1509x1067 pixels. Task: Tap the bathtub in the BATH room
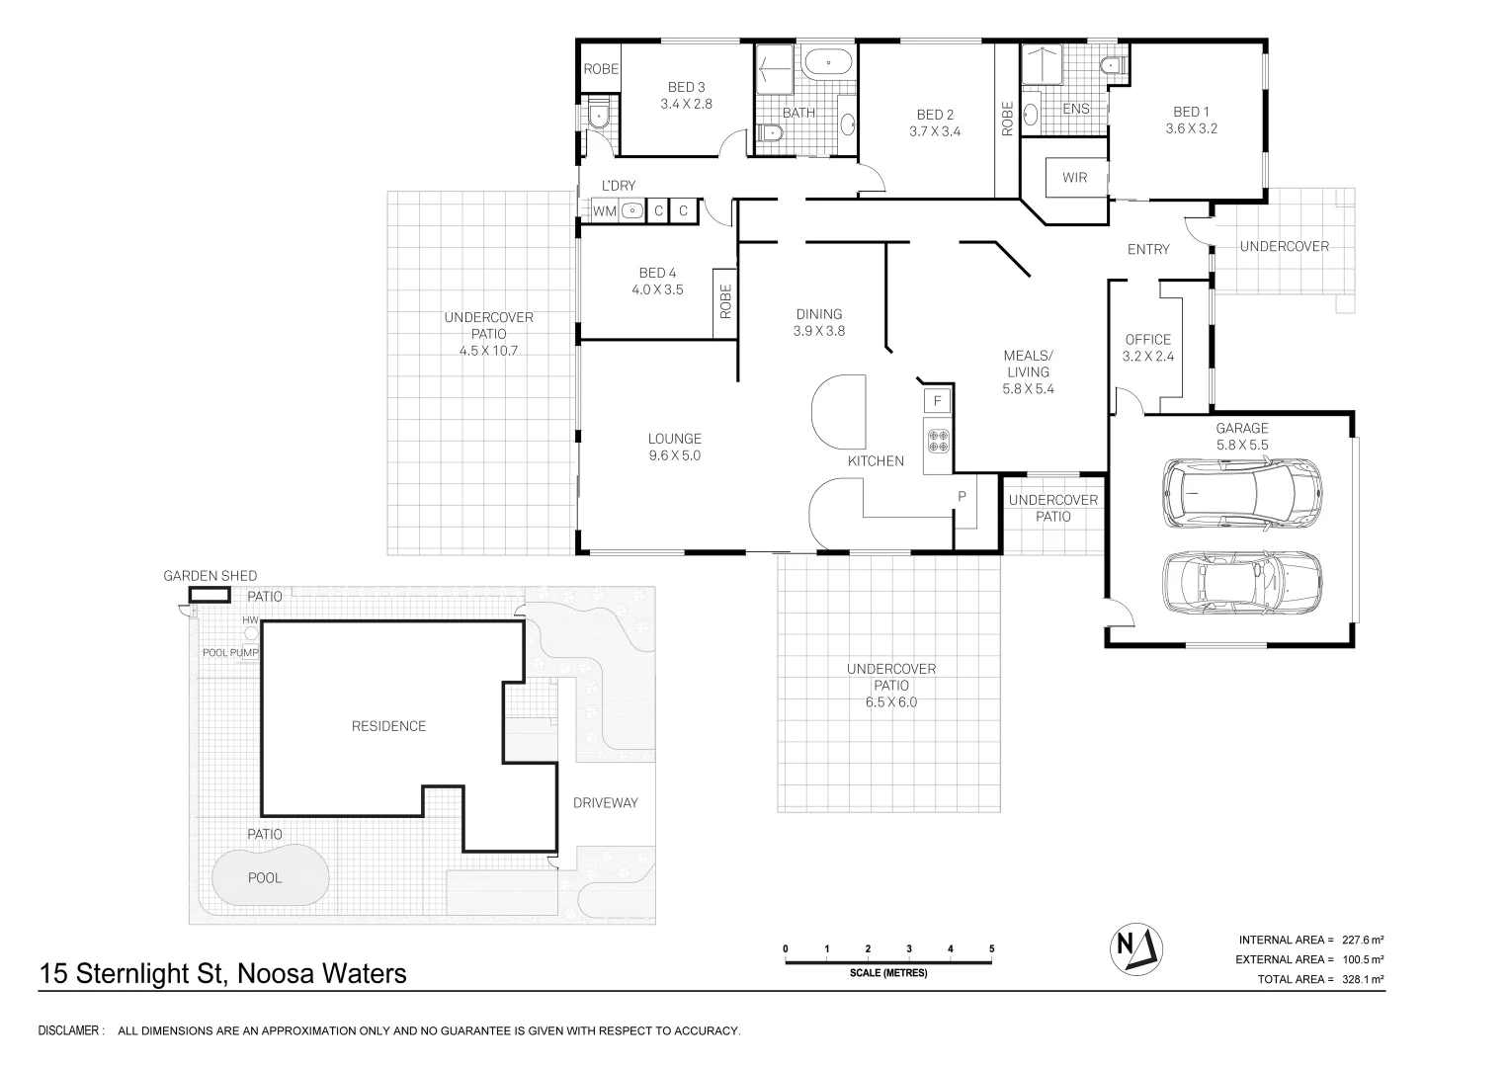coord(828,62)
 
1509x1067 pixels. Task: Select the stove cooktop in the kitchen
coord(938,441)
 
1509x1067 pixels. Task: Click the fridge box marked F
coord(937,401)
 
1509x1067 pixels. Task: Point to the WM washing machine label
coord(604,211)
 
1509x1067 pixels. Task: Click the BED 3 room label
coord(686,96)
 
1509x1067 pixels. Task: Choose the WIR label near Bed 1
coord(1074,177)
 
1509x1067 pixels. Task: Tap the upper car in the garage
coord(1242,493)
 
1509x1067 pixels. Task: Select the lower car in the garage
coord(1242,583)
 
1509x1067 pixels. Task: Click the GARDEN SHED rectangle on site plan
coord(209,595)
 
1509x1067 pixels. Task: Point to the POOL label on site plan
coord(265,877)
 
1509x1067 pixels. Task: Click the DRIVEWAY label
coord(605,802)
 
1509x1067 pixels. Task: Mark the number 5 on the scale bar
coord(991,948)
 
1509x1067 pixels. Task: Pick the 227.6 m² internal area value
coord(1362,940)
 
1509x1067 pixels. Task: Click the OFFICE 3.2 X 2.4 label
coord(1148,348)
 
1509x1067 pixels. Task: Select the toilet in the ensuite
coord(1111,65)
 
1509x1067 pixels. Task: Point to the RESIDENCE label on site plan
coord(388,726)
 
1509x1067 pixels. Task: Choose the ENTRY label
coord(1148,249)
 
